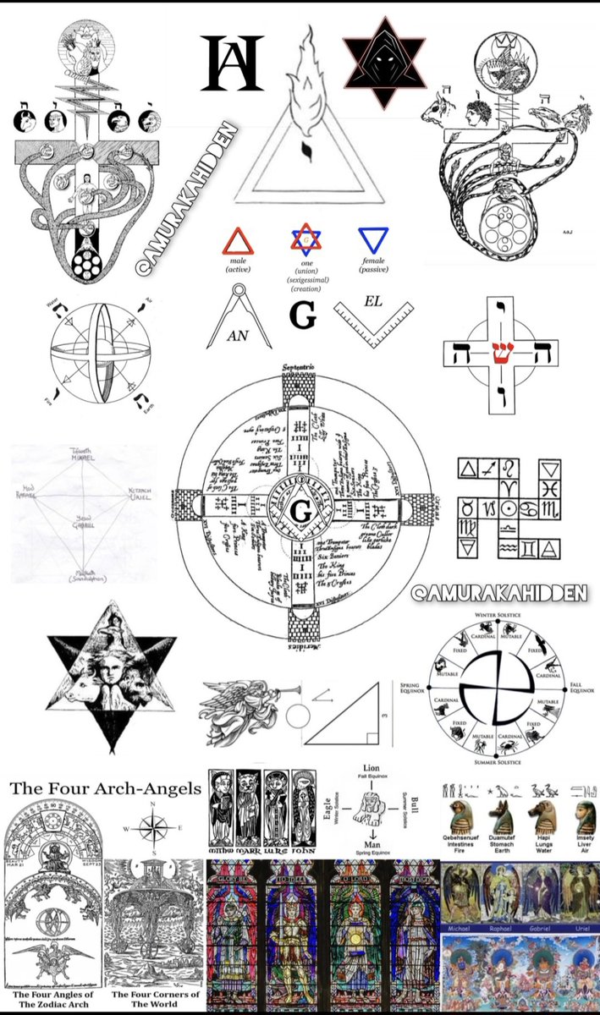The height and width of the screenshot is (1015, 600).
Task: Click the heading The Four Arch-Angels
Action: [106, 789]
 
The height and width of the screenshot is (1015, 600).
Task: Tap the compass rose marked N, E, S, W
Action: [151, 828]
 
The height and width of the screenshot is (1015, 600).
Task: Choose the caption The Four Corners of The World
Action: [155, 999]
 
